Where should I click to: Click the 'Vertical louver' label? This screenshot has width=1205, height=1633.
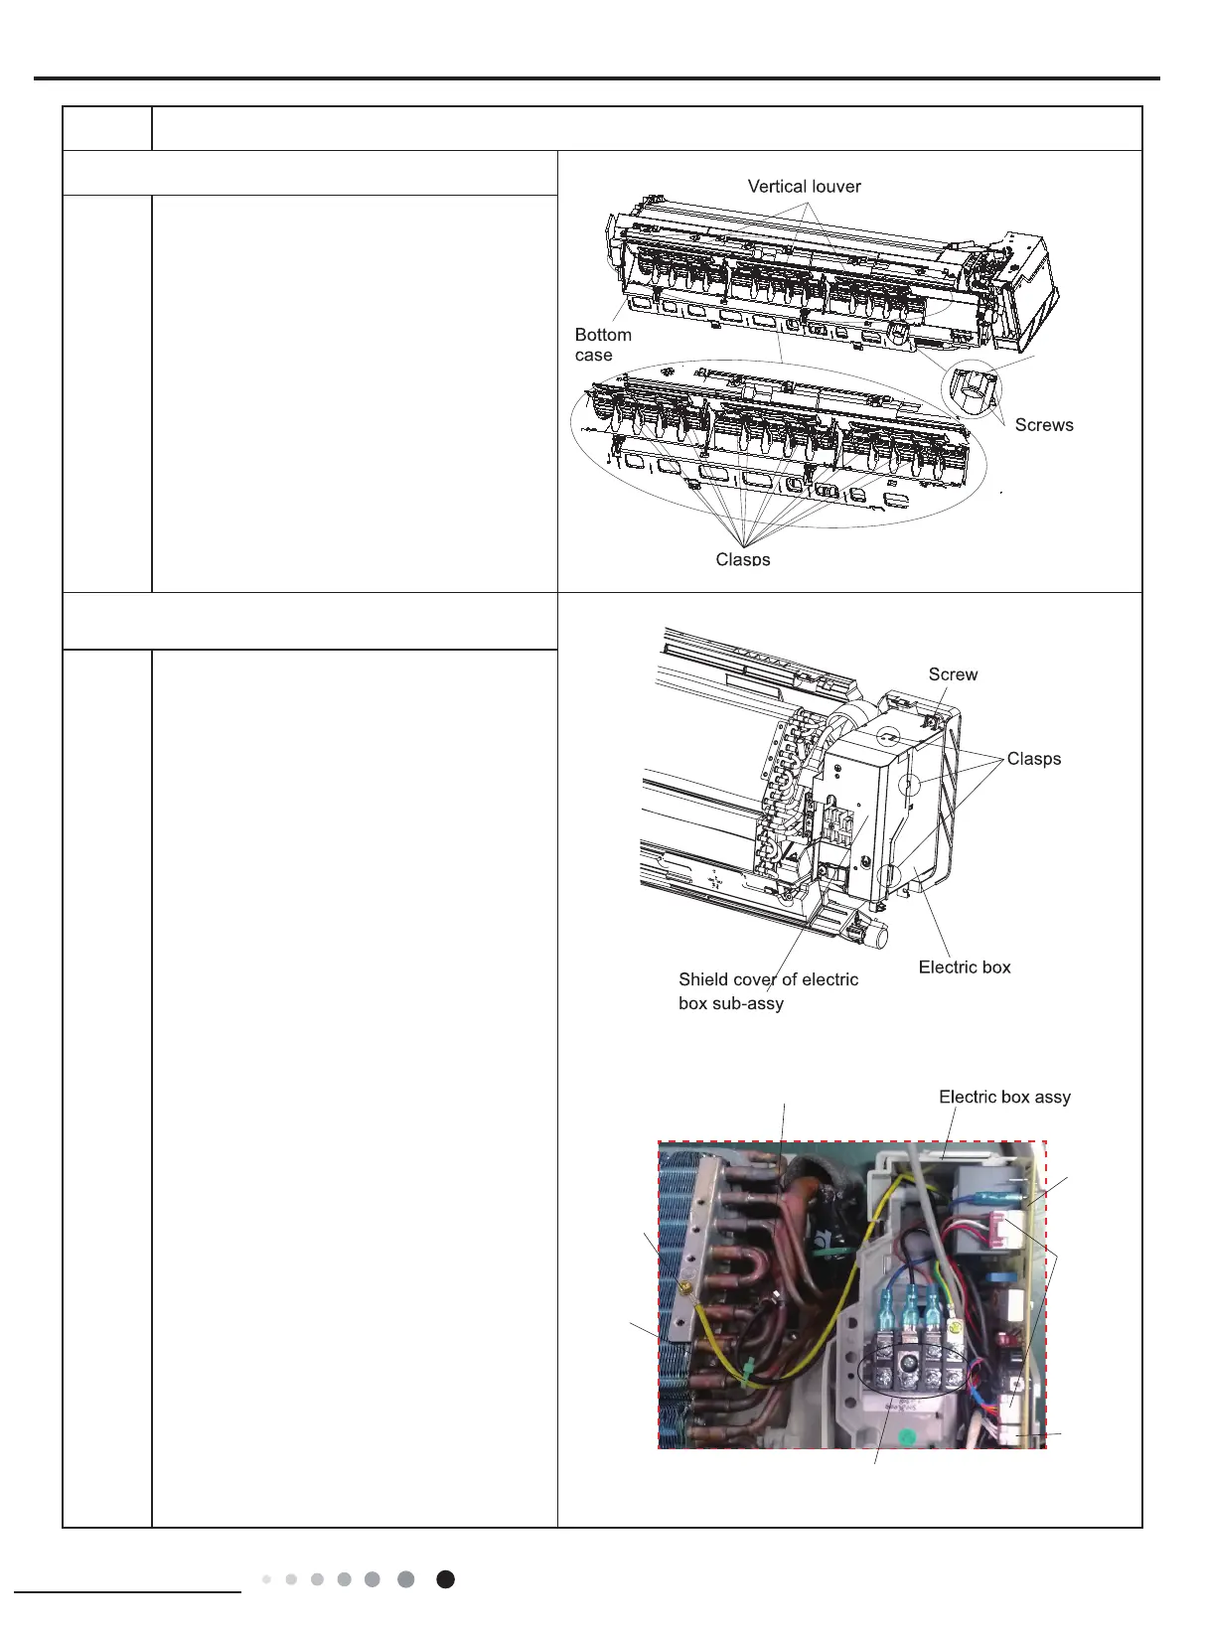click(804, 186)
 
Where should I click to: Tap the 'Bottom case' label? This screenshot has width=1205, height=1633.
click(602, 345)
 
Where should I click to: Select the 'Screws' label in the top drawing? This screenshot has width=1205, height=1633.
click(1043, 424)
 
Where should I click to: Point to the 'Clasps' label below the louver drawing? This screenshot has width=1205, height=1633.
click(742, 558)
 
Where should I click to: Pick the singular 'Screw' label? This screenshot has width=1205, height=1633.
click(953, 673)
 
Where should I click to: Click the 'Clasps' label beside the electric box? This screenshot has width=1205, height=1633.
click(1033, 758)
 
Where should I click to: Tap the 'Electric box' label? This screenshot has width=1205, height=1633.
click(964, 966)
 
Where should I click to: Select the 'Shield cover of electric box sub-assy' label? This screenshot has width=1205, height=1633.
click(768, 990)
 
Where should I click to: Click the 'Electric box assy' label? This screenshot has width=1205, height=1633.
click(1004, 1097)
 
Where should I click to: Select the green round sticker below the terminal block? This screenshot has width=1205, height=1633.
click(905, 1435)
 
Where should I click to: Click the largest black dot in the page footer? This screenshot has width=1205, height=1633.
click(446, 1579)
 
